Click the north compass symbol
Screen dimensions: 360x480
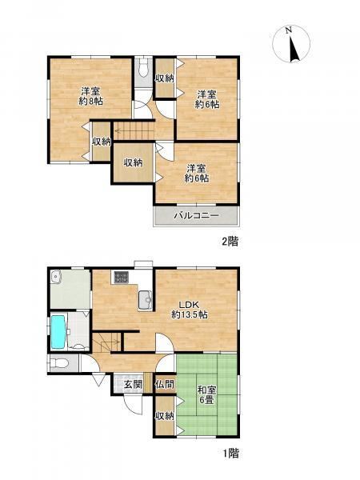(291, 44)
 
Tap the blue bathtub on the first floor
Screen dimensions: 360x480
(58, 332)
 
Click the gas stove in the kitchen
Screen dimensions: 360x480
(122, 278)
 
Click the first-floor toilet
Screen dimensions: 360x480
(59, 363)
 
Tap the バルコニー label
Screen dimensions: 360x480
(197, 215)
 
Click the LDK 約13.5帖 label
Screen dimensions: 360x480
(190, 310)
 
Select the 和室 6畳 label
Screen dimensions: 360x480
(207, 395)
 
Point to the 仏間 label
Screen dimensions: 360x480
(165, 385)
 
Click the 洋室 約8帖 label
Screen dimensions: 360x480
(90, 96)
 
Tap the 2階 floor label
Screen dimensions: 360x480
(230, 242)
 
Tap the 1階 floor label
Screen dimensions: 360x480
(230, 454)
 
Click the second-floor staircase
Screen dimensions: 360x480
(134, 130)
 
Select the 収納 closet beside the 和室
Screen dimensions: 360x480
(165, 415)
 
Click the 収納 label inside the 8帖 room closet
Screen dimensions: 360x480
(102, 142)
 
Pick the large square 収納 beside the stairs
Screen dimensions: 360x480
(133, 162)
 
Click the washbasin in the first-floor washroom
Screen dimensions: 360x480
(55, 275)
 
